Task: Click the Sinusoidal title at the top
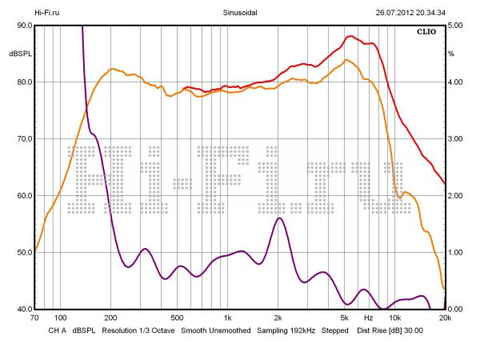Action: tap(239, 13)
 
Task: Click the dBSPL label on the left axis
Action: tap(20, 54)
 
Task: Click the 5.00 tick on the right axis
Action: tap(455, 26)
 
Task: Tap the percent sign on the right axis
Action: tap(451, 54)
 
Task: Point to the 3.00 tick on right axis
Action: tap(455, 139)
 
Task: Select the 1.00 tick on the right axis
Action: tap(455, 253)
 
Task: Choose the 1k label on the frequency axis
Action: tap(228, 318)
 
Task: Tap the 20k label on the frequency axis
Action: tap(445, 318)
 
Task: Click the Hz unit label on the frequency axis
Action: tap(368, 318)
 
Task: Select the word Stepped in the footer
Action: tap(334, 330)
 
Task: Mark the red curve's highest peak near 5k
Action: tap(349, 36)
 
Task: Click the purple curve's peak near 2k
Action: tap(279, 218)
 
